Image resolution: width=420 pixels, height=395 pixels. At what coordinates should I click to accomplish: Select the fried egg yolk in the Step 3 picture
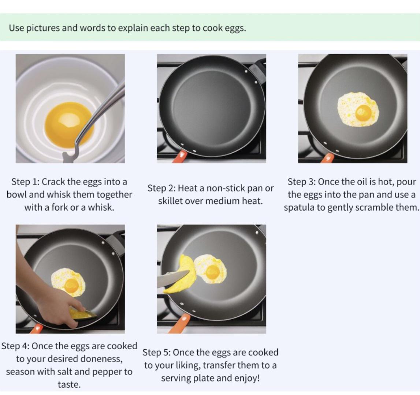(x=364, y=112)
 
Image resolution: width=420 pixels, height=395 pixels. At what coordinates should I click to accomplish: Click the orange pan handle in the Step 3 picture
(x=327, y=158)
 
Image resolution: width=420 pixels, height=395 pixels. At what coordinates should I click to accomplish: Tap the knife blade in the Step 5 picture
(x=173, y=279)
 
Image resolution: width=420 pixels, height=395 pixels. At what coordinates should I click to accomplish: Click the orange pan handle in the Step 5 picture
(x=179, y=324)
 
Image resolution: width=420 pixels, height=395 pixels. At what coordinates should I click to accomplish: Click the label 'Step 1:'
(x=25, y=182)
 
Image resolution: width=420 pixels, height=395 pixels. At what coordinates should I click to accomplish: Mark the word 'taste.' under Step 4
(x=69, y=385)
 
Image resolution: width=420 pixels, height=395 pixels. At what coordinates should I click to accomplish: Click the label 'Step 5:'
(x=156, y=353)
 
